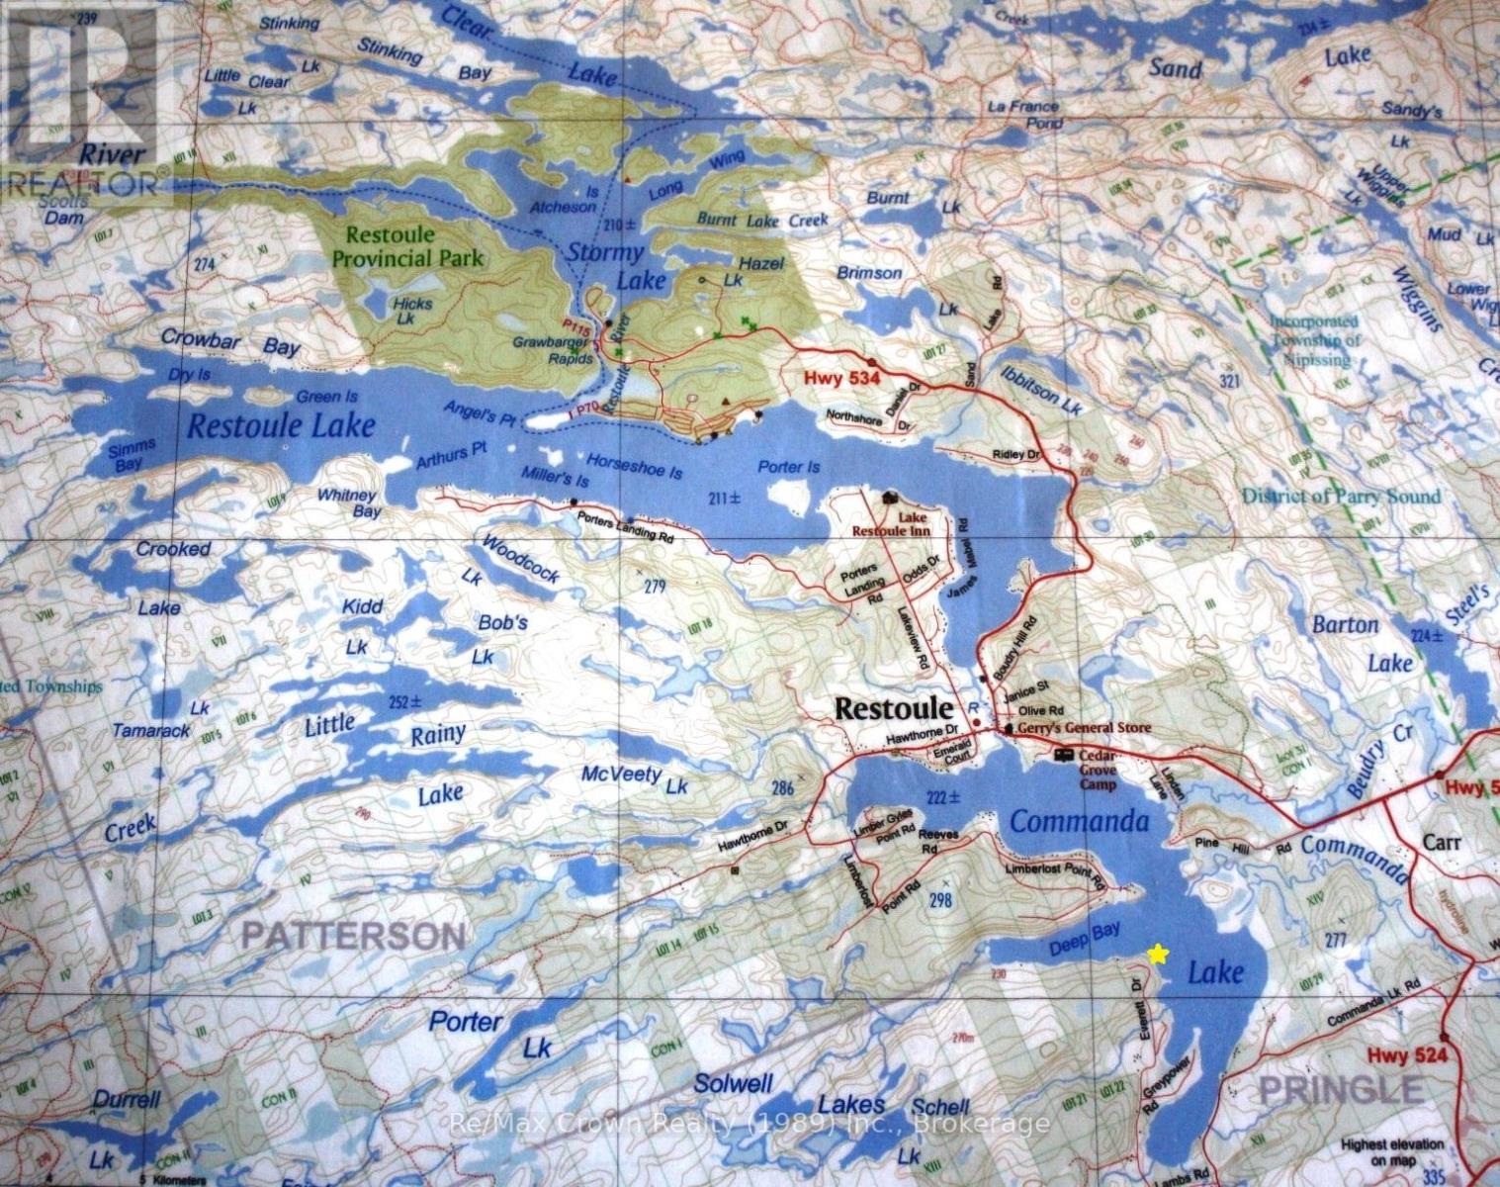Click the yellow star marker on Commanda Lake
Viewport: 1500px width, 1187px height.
pyautogui.click(x=1158, y=954)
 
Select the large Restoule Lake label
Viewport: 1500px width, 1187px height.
pyautogui.click(x=282, y=425)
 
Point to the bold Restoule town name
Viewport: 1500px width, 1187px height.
pyautogui.click(x=894, y=708)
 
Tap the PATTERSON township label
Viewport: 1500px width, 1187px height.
pyautogui.click(x=353, y=934)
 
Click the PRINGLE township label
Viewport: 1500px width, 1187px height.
pyautogui.click(x=1340, y=1089)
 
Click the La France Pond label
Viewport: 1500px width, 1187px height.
pyautogui.click(x=1023, y=114)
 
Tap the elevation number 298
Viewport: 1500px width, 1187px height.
pyautogui.click(x=940, y=899)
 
